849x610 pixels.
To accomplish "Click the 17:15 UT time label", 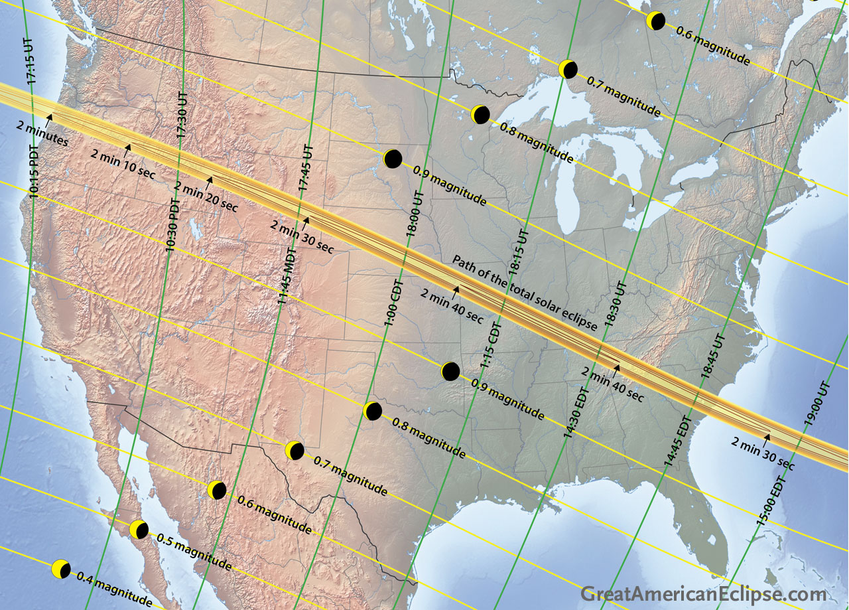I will tap(31, 61).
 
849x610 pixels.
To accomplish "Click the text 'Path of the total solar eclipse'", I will tap(524, 292).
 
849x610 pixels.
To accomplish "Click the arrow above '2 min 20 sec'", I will tap(210, 179).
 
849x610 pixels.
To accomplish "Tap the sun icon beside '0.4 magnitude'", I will tap(61, 569).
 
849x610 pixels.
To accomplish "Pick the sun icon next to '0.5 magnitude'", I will tap(139, 530).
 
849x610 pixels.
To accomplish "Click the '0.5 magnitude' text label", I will tap(194, 551).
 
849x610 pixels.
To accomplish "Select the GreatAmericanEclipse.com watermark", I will tap(704, 594).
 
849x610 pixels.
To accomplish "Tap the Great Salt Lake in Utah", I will tap(195, 230).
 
